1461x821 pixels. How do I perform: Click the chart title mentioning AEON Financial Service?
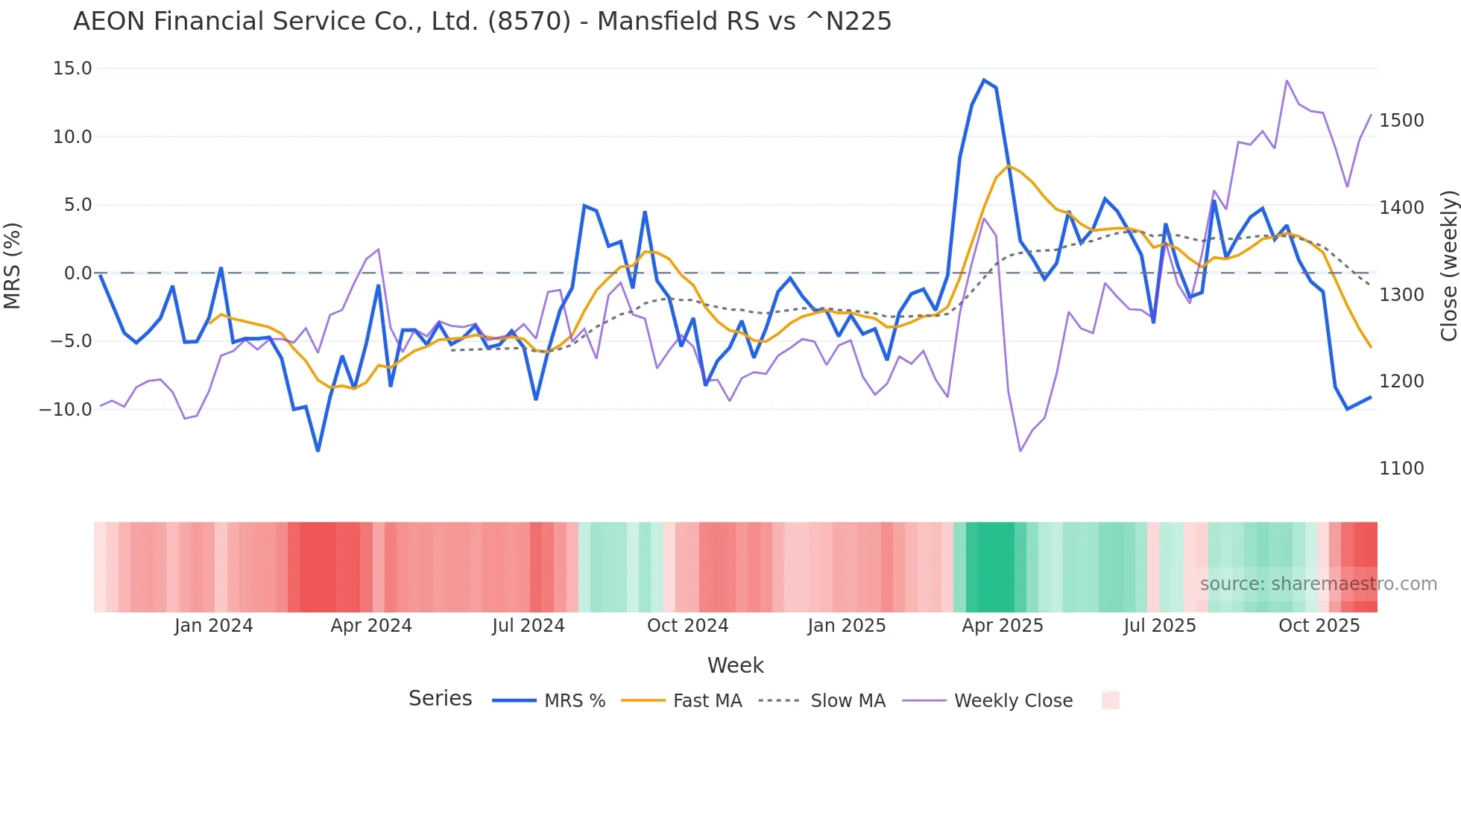click(482, 22)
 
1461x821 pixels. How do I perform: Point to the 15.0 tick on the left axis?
click(72, 69)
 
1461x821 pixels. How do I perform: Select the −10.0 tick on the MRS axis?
click(66, 410)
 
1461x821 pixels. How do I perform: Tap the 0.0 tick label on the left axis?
click(78, 273)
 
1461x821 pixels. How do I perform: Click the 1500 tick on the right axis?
click(1401, 121)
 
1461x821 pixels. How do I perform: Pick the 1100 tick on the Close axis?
click(1401, 469)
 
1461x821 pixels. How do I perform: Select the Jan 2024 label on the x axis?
click(214, 626)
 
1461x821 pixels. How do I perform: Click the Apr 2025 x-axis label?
click(1003, 626)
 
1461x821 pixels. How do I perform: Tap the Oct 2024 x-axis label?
click(687, 626)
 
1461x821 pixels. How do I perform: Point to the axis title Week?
click(735, 665)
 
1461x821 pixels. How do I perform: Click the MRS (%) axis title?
click(13, 266)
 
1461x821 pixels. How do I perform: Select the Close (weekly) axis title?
click(1448, 266)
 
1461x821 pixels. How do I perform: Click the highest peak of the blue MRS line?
click(984, 80)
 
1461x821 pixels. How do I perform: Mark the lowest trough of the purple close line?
click(1020, 451)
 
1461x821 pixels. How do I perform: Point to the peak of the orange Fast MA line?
click(1008, 165)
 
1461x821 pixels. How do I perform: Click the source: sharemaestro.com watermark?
click(1318, 584)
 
